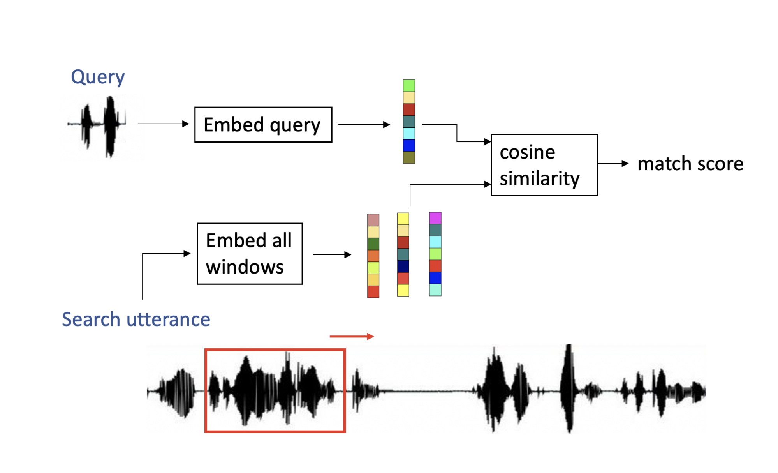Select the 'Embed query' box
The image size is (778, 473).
(x=263, y=125)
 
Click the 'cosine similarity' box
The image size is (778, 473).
(x=544, y=165)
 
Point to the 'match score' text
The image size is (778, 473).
(x=690, y=164)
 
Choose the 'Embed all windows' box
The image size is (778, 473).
(x=250, y=254)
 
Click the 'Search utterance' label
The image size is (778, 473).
(x=136, y=319)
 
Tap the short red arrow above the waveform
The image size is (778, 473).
(x=352, y=336)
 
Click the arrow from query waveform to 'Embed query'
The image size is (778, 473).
(x=164, y=124)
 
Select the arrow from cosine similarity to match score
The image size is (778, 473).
(x=613, y=164)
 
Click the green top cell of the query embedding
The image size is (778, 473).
(x=409, y=86)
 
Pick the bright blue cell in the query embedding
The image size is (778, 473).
(x=409, y=146)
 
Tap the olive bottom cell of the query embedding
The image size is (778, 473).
(x=409, y=157)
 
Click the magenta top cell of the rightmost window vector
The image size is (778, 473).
(x=435, y=218)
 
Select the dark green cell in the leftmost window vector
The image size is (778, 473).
(x=373, y=244)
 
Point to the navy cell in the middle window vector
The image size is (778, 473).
(x=403, y=267)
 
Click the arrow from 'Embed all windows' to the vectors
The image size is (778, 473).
(x=332, y=255)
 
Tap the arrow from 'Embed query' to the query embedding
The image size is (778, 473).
(x=364, y=125)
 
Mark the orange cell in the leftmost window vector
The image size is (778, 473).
(x=373, y=256)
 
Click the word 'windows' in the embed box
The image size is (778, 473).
(x=245, y=267)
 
